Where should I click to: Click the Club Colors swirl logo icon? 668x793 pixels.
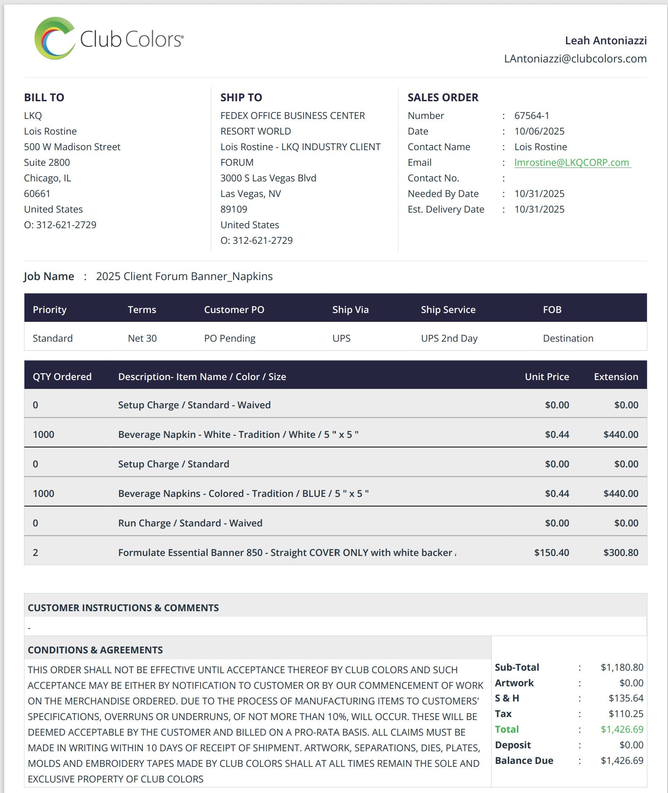(x=54, y=38)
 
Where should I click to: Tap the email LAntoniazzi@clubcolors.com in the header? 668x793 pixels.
(x=575, y=59)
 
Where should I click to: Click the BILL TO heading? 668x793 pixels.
(x=44, y=97)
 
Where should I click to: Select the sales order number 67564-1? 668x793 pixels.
(x=531, y=116)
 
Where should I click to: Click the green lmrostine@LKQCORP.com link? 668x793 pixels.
(x=571, y=162)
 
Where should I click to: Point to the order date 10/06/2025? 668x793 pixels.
(x=539, y=131)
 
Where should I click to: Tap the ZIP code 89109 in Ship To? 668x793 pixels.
(x=233, y=209)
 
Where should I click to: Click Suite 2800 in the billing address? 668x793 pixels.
(x=47, y=162)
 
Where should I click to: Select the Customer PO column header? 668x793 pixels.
(x=234, y=310)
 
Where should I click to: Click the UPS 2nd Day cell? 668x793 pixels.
(x=449, y=338)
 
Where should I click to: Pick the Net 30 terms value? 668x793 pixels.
(x=142, y=338)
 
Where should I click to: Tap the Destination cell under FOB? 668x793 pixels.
(x=568, y=338)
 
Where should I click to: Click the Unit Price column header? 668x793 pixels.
(x=547, y=377)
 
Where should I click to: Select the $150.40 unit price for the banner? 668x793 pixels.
(x=551, y=553)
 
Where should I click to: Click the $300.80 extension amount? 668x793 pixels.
(x=620, y=553)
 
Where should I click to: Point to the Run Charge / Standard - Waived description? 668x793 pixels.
(x=190, y=523)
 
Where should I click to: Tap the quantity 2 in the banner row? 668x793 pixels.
(x=35, y=553)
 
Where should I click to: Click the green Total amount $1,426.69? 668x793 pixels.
(x=622, y=729)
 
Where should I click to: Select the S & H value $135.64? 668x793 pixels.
(x=625, y=698)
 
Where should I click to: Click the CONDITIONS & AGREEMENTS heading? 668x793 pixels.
(x=95, y=650)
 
